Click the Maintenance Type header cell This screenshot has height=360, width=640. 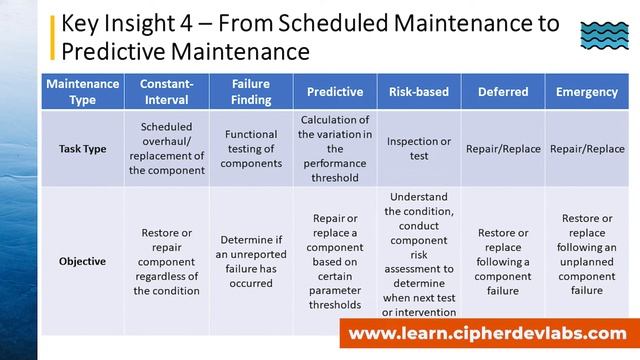click(x=83, y=91)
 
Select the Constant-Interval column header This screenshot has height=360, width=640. click(x=167, y=91)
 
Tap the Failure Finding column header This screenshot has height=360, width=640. click(x=251, y=91)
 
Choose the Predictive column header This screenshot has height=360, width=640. click(x=335, y=92)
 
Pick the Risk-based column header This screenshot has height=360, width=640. click(x=419, y=92)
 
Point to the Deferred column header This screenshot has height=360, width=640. click(x=503, y=92)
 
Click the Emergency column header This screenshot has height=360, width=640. click(x=587, y=92)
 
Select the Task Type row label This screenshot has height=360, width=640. click(x=83, y=148)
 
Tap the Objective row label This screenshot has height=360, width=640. click(x=83, y=261)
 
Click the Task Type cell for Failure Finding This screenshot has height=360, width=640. click(x=251, y=148)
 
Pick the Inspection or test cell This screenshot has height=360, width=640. click(x=419, y=148)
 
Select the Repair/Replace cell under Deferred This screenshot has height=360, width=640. click(x=503, y=149)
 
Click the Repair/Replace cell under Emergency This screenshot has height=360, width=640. click(x=587, y=149)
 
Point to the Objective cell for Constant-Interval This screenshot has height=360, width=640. click(x=167, y=262)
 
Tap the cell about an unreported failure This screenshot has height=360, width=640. click(x=251, y=262)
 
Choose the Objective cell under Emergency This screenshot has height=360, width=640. click(x=587, y=255)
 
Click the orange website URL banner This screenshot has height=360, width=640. click(x=488, y=334)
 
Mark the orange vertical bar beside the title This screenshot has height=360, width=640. click(x=52, y=37)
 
